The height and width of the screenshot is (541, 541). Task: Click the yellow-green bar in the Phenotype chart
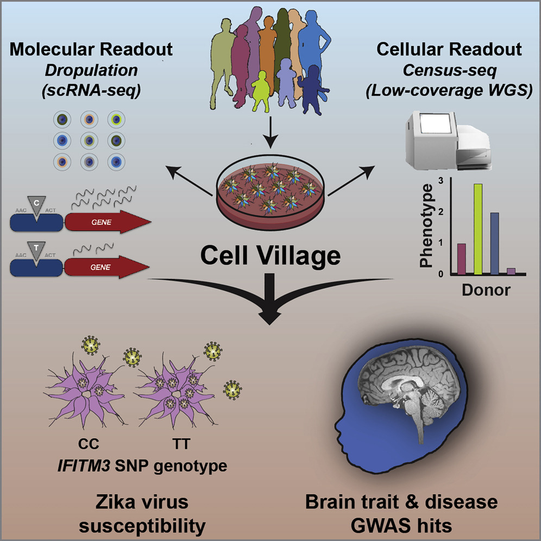(x=478, y=229)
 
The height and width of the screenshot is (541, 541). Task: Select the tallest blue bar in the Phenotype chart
(x=495, y=243)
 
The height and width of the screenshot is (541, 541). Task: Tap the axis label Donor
(x=486, y=290)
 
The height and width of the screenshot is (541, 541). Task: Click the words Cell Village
(x=269, y=255)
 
